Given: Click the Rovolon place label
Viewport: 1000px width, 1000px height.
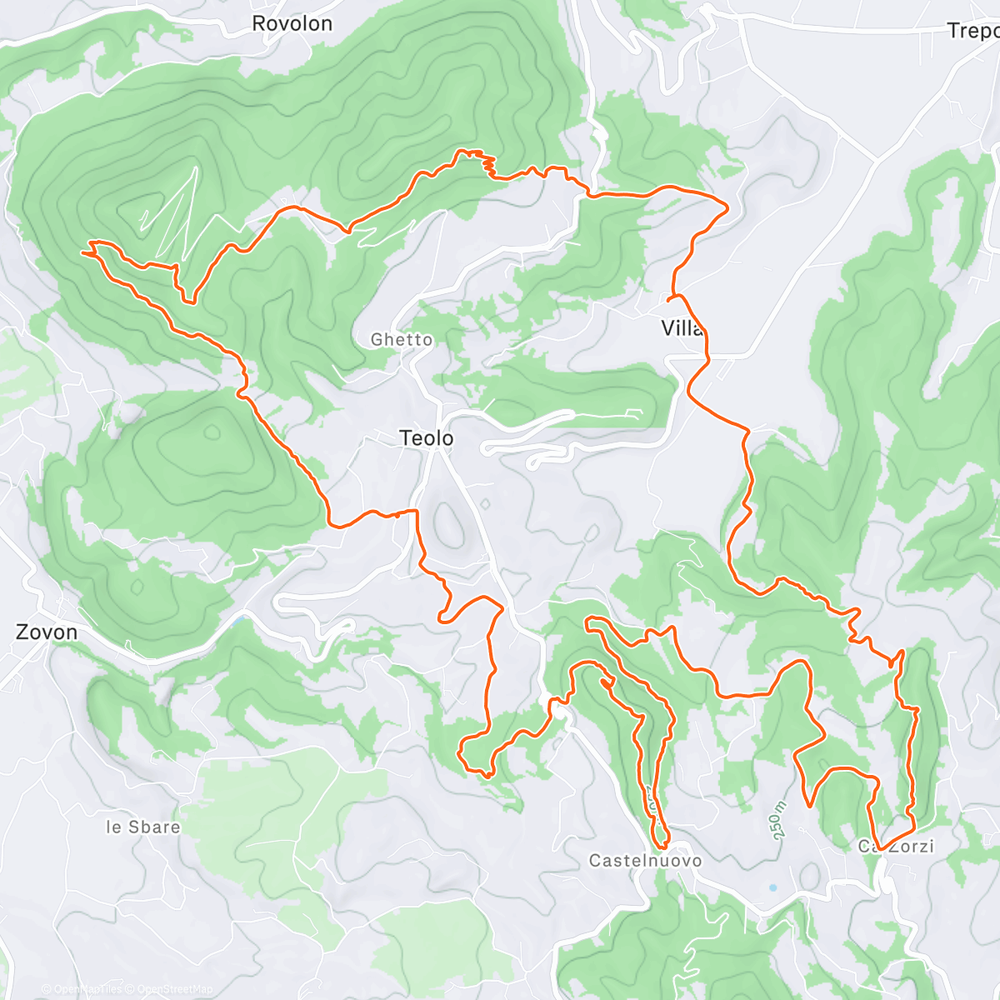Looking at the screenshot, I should [292, 23].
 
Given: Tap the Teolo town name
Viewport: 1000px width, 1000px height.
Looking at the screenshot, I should [427, 438].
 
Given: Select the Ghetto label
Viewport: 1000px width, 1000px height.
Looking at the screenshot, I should [402, 339].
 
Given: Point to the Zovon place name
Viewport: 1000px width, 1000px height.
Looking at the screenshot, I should [47, 632].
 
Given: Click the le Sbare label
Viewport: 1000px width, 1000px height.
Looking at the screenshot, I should [143, 827].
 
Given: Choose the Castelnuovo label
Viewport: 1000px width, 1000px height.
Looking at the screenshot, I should [645, 861].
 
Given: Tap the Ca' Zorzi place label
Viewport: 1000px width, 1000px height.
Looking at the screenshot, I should [897, 847].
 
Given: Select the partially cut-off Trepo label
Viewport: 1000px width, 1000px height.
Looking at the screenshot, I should [973, 32].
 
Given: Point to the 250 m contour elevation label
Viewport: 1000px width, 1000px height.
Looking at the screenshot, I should [779, 820].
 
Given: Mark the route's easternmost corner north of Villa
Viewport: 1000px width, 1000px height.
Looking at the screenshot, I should [727, 206].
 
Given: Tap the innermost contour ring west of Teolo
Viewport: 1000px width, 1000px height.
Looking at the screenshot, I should [212, 432].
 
